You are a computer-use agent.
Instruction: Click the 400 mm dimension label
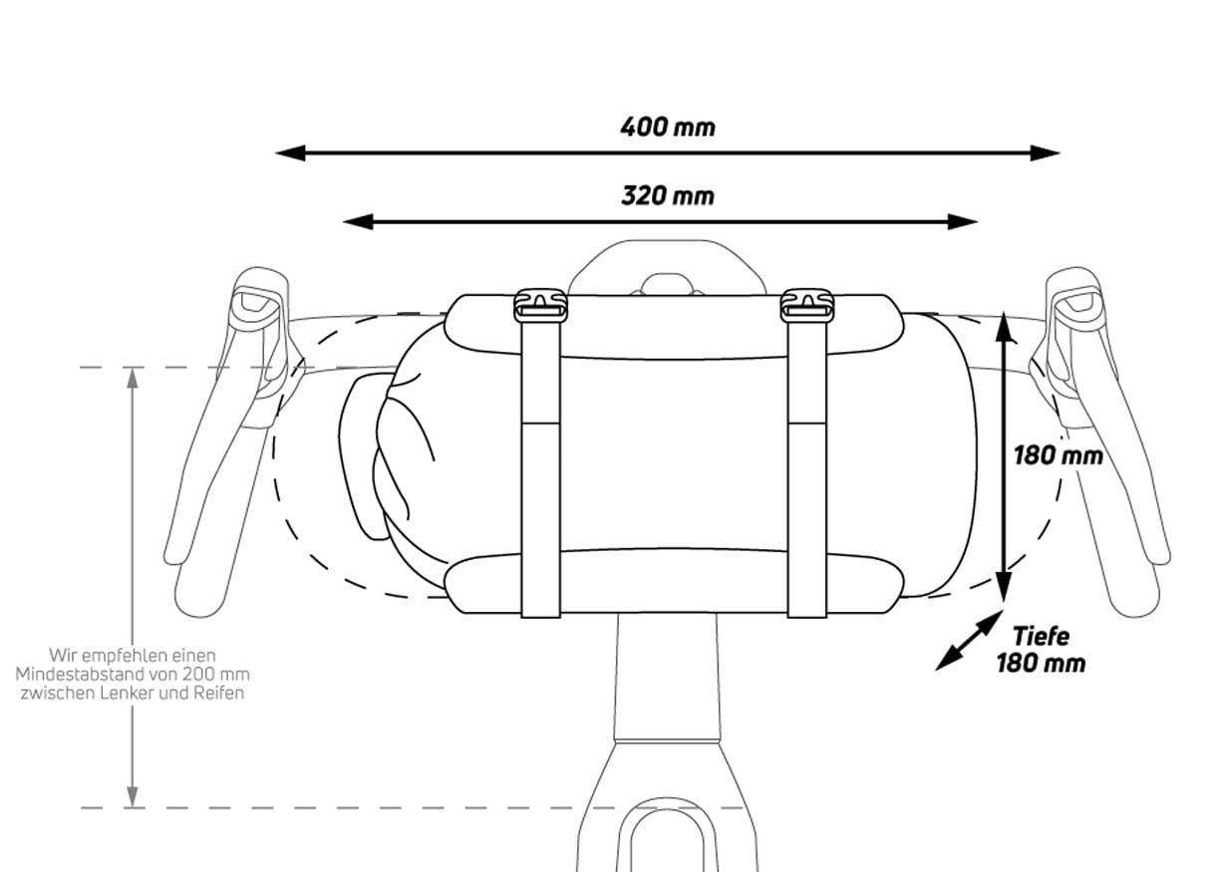point(667,128)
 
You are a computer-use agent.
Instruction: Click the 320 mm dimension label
point(667,195)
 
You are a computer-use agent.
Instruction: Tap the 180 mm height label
point(1058,455)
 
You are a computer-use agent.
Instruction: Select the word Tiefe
point(1041,636)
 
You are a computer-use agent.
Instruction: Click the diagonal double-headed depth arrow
point(969,641)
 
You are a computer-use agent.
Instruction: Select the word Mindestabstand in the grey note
point(82,675)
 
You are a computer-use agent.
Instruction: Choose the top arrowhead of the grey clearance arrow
point(132,377)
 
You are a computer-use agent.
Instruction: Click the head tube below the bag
point(665,678)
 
